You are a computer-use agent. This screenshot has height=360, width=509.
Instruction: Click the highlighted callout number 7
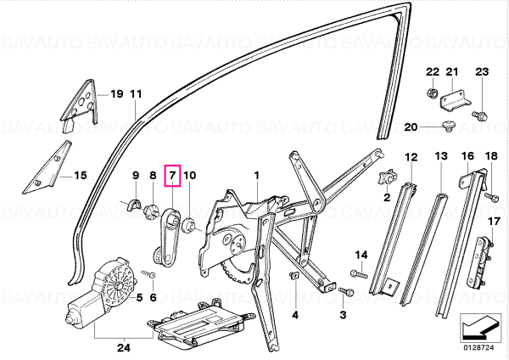tap(172, 176)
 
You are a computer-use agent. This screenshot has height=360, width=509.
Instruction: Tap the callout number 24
tap(124, 348)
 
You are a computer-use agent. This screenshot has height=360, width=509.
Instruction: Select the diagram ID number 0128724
tap(480, 347)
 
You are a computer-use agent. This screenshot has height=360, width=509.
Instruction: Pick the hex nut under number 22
tap(432, 93)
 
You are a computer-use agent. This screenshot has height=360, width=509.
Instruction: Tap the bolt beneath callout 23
tap(480, 115)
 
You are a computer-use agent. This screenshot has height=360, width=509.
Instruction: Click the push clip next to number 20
tap(449, 127)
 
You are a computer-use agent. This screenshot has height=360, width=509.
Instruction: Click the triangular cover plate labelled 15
tap(48, 167)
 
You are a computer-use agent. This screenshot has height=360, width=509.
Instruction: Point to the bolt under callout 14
tap(359, 274)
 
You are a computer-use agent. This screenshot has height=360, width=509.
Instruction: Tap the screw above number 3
tap(347, 291)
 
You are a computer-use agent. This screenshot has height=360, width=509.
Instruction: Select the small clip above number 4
tap(294, 277)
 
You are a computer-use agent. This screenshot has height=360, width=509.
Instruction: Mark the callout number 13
tap(441, 156)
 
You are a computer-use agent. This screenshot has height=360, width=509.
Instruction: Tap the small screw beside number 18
tap(491, 197)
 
